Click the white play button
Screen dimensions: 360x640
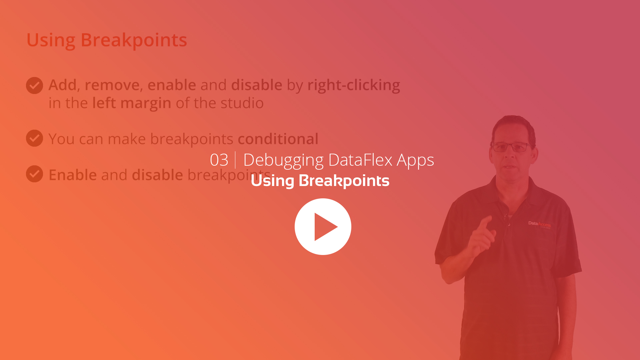[323, 227]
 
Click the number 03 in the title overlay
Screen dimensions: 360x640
[219, 160]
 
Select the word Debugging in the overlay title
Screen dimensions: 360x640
[283, 161]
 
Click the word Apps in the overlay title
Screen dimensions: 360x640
[415, 161]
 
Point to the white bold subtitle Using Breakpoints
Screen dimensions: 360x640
[320, 181]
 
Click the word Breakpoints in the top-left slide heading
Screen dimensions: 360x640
[134, 40]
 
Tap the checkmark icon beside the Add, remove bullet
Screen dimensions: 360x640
[34, 85]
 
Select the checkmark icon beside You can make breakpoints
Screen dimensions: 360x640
[34, 138]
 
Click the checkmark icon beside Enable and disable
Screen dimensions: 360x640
[34, 174]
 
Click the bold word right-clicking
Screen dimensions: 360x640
[354, 85]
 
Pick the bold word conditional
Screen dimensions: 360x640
[278, 139]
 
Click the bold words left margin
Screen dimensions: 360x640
[132, 103]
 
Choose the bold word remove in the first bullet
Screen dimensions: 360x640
[112, 85]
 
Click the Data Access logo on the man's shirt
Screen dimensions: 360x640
[539, 224]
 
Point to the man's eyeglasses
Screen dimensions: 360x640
[511, 147]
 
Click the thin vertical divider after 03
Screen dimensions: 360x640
[235, 160]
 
